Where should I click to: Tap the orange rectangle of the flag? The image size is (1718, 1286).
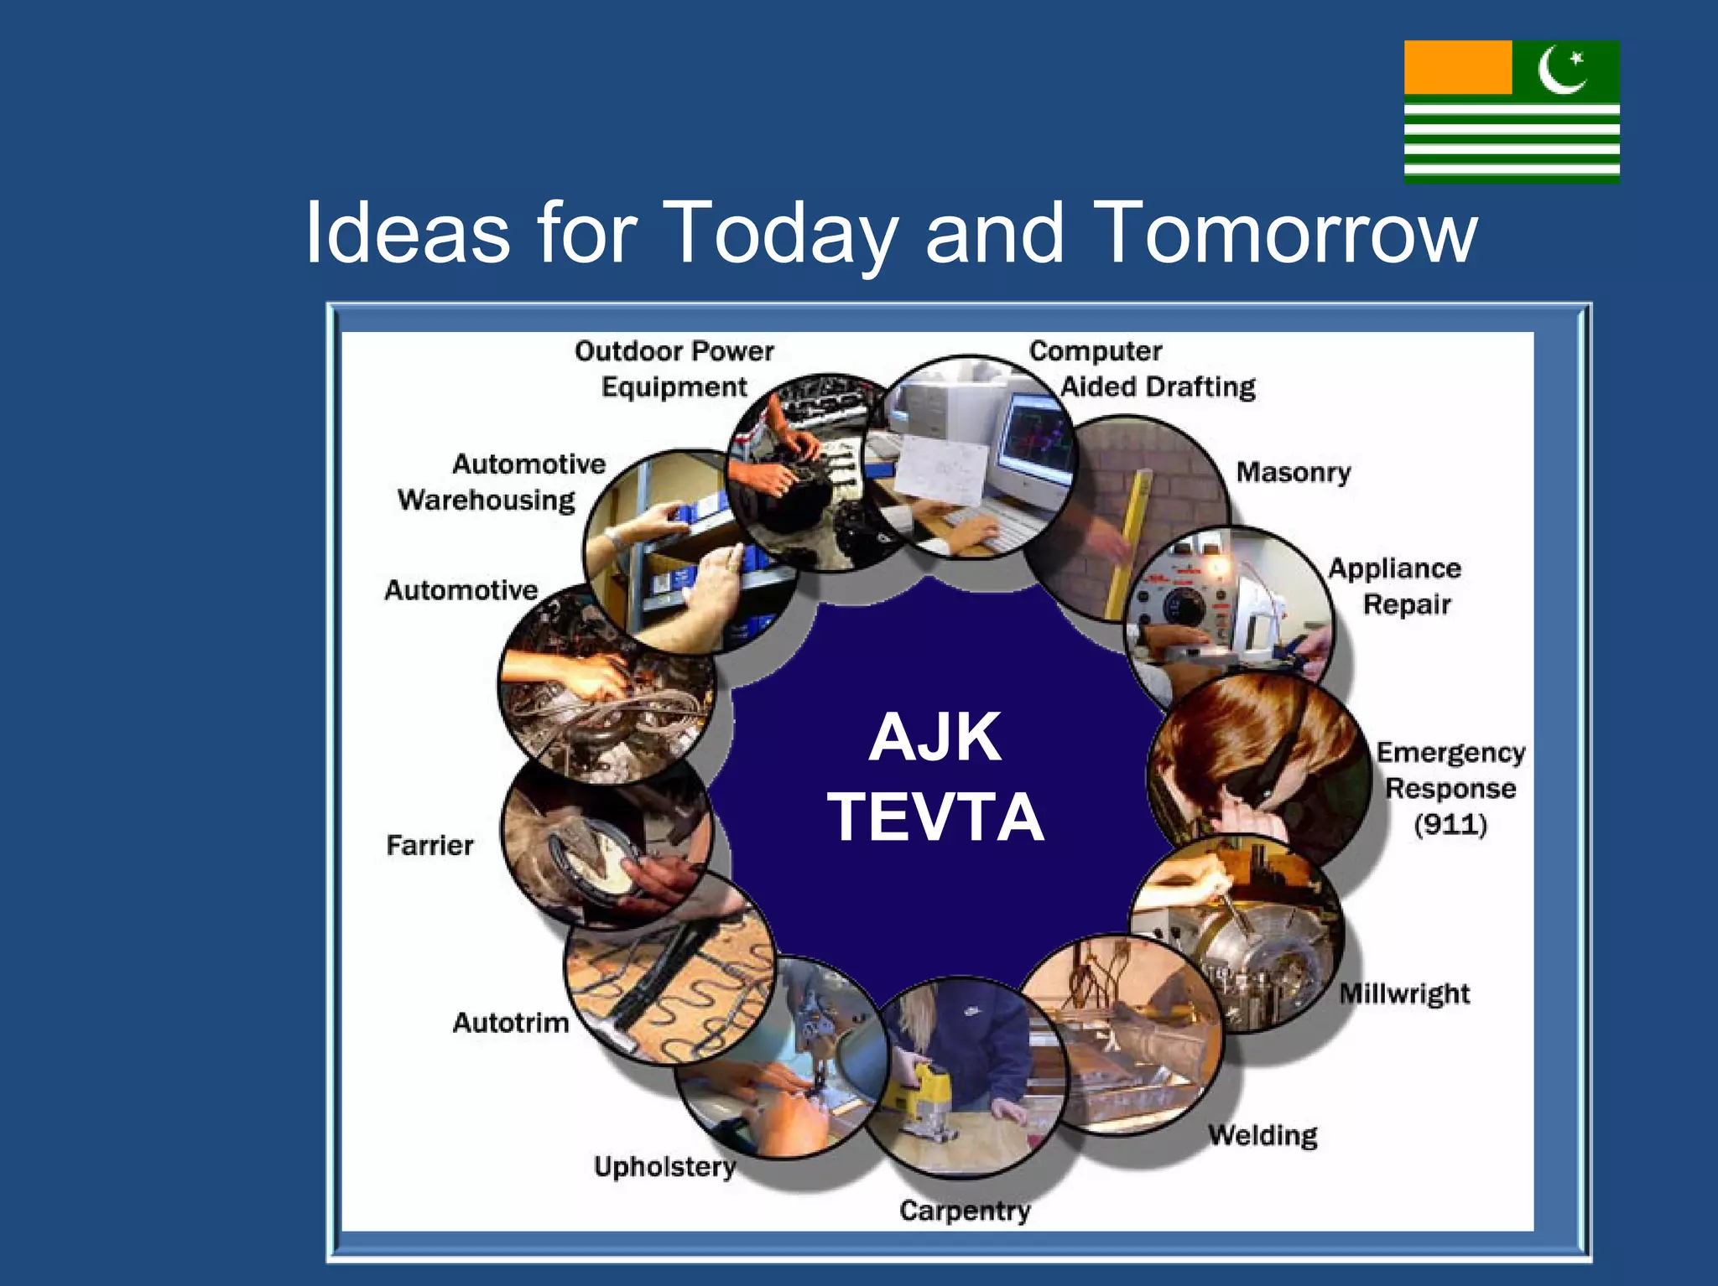pyautogui.click(x=1457, y=68)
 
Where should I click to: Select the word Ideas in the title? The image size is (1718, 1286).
pyautogui.click(x=408, y=233)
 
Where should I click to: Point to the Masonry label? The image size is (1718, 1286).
pyautogui.click(x=1293, y=473)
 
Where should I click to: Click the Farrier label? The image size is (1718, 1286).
pyautogui.click(x=429, y=845)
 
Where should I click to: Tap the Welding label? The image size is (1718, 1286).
pyautogui.click(x=1262, y=1135)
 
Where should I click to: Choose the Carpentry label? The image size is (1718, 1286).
pyautogui.click(x=965, y=1211)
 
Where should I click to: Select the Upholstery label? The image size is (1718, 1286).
pyautogui.click(x=664, y=1166)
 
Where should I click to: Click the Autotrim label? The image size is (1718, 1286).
pyautogui.click(x=510, y=1023)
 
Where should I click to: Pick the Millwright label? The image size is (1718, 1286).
pyautogui.click(x=1404, y=994)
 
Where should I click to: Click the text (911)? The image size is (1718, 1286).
pyautogui.click(x=1450, y=824)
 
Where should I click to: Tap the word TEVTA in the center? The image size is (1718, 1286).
pyautogui.click(x=935, y=817)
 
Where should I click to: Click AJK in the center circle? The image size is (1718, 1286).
pyautogui.click(x=934, y=737)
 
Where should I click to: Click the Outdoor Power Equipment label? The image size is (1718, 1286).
pyautogui.click(x=674, y=369)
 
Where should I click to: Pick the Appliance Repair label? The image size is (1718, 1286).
pyautogui.click(x=1396, y=586)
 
